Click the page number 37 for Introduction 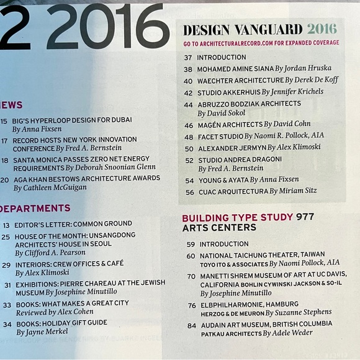click(x=188, y=58)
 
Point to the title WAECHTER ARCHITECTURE click(x=240, y=80)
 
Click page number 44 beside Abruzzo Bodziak click(x=188, y=104)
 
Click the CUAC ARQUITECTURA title click(x=232, y=192)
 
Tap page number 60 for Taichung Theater click(x=190, y=255)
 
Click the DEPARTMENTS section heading click(x=35, y=209)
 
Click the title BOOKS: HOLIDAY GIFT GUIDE click(x=62, y=323)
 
